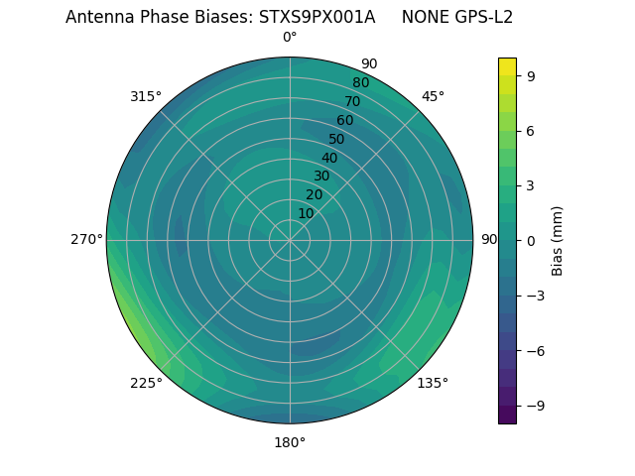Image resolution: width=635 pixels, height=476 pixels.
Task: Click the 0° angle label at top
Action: pyautogui.click(x=290, y=38)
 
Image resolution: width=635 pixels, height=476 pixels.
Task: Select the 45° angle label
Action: pyautogui.click(x=433, y=96)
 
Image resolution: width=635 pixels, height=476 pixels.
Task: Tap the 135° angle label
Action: pyautogui.click(x=433, y=383)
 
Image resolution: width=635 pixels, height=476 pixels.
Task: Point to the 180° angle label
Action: pyautogui.click(x=290, y=442)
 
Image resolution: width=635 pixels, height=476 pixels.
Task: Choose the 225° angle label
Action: pyautogui.click(x=146, y=383)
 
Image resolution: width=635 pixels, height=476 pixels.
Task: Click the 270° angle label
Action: pyautogui.click(x=86, y=239)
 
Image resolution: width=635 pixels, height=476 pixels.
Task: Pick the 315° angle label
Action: pyautogui.click(x=146, y=96)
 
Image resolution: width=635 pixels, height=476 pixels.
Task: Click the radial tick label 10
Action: pyautogui.click(x=306, y=213)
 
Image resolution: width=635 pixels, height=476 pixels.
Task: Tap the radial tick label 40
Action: pyautogui.click(x=329, y=158)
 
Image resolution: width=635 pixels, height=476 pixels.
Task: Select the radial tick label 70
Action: pyautogui.click(x=352, y=101)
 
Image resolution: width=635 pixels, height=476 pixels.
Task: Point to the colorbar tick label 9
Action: pyautogui.click(x=531, y=75)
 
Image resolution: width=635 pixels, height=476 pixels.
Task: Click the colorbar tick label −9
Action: pyautogui.click(x=535, y=406)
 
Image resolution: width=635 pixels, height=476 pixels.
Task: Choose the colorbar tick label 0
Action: pyautogui.click(x=531, y=240)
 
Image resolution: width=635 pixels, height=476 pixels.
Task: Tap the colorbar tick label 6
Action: pyautogui.click(x=531, y=130)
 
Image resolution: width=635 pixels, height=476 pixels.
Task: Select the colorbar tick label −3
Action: pyautogui.click(x=535, y=296)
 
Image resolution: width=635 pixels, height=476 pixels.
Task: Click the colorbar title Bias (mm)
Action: pyautogui.click(x=558, y=240)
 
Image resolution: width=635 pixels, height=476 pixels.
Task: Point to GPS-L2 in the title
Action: pyautogui.click(x=481, y=17)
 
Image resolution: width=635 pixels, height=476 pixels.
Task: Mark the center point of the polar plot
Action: pyautogui.click(x=290, y=240)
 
